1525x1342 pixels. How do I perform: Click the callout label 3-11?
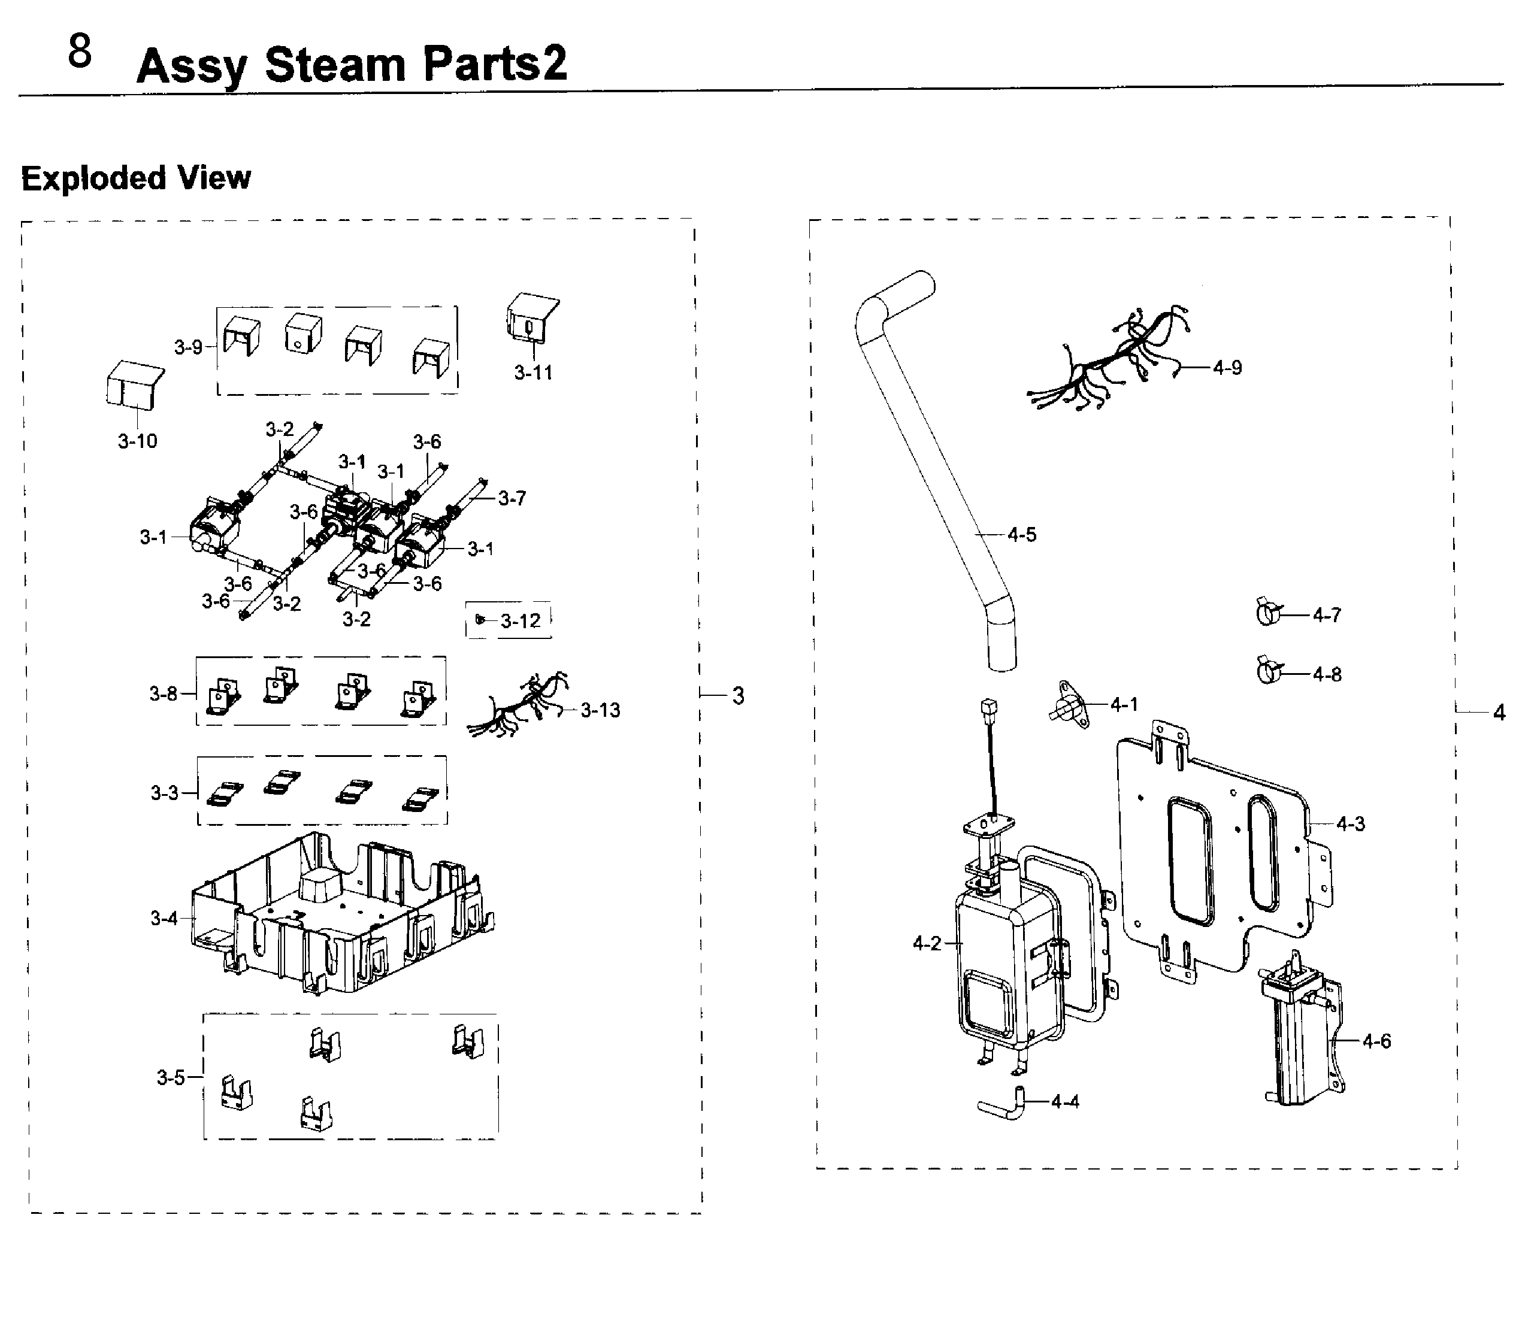tap(534, 373)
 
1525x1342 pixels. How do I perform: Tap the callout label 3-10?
tap(138, 441)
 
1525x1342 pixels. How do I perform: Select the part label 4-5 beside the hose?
tap(1022, 535)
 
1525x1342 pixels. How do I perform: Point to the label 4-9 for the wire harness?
tap(1227, 368)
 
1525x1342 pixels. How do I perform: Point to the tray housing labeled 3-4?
tap(343, 914)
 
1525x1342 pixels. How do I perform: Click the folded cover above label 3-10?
tap(134, 386)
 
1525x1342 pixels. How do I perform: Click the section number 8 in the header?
tap(80, 52)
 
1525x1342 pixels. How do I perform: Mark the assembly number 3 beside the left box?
tap(738, 696)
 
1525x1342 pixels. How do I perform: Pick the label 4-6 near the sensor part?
tap(1376, 1041)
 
